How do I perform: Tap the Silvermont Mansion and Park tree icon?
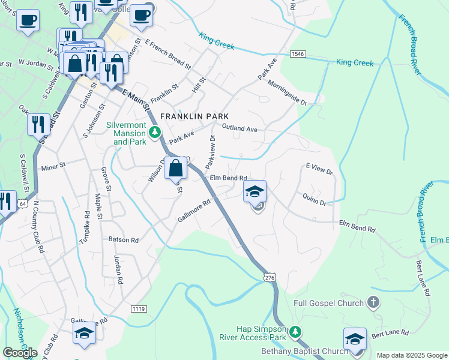(155, 131)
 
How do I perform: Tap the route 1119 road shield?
(139, 308)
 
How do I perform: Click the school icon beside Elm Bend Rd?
(255, 192)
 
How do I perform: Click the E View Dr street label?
(319, 169)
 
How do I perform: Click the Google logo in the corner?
(20, 353)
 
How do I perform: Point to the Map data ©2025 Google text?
(411, 355)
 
